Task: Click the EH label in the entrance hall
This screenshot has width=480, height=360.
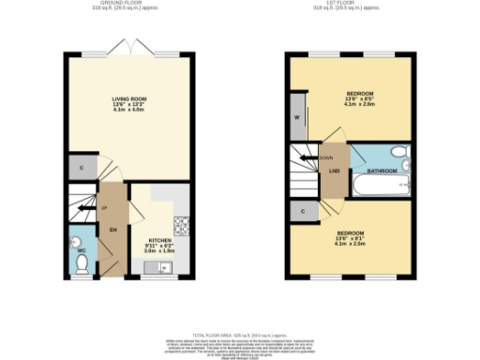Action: (112, 229)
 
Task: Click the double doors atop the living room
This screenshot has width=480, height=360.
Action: (131, 47)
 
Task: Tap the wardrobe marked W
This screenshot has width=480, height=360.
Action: (297, 118)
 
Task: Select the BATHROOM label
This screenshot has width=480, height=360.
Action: (382, 171)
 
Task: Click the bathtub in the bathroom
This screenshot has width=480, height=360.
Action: (380, 186)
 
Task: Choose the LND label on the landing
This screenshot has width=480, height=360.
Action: (333, 171)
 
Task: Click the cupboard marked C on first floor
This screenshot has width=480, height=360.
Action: (303, 212)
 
